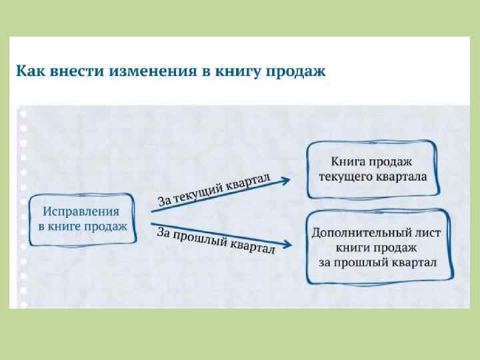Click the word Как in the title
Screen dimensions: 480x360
click(x=30, y=71)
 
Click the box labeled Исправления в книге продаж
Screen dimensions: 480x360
click(x=82, y=219)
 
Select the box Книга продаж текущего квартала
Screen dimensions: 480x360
click(x=372, y=169)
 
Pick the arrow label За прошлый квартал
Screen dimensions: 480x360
click(x=215, y=241)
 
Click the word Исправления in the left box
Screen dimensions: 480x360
click(x=81, y=212)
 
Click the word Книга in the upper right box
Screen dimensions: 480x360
click(x=347, y=162)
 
